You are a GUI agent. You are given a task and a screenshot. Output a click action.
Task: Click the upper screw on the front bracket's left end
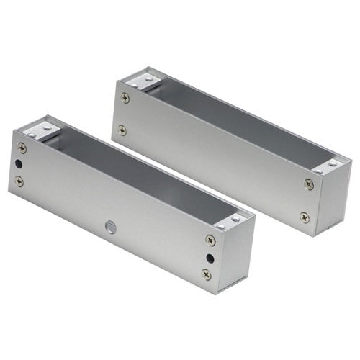tap(22, 148)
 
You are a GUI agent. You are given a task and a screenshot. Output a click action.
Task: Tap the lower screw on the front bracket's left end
tap(19, 181)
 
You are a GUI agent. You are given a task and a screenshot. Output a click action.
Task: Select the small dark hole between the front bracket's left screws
tap(19, 165)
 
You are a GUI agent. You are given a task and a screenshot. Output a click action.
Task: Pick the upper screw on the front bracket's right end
tap(210, 240)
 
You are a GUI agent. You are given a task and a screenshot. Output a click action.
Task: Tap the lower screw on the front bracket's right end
tap(207, 274)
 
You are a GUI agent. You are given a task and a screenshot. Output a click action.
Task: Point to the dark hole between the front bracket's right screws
tap(209, 258)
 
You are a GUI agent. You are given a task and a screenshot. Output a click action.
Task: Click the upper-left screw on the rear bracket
tap(125, 98)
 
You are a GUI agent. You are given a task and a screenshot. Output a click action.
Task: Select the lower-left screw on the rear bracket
tap(122, 130)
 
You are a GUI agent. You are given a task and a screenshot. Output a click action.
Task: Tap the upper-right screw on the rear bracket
tap(309, 185)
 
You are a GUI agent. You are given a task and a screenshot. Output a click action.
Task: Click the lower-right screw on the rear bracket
tap(305, 217)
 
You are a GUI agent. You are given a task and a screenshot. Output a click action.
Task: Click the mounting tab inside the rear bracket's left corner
tap(141, 80)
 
